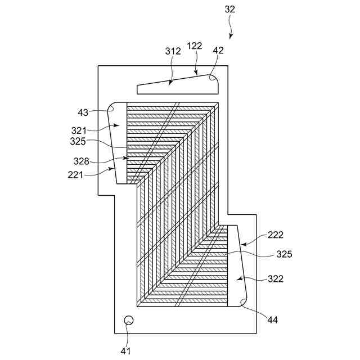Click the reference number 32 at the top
[229, 9]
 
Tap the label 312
[173, 51]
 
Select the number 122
[195, 46]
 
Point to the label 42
[218, 49]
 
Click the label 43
[83, 112]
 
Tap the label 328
[81, 161]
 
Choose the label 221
[75, 175]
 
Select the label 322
[276, 278]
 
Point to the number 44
[272, 319]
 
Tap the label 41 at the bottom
[125, 350]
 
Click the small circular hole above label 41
[128, 321]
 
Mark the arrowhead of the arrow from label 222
[240, 246]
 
